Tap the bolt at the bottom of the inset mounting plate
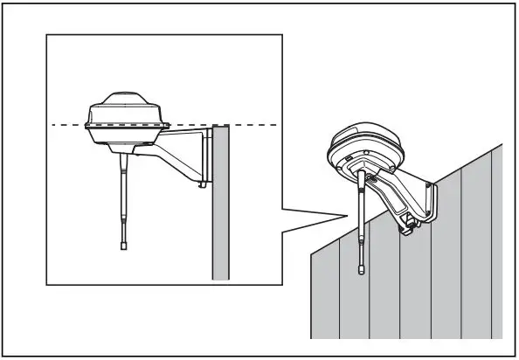(x=203, y=184)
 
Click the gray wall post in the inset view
(x=219, y=210)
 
